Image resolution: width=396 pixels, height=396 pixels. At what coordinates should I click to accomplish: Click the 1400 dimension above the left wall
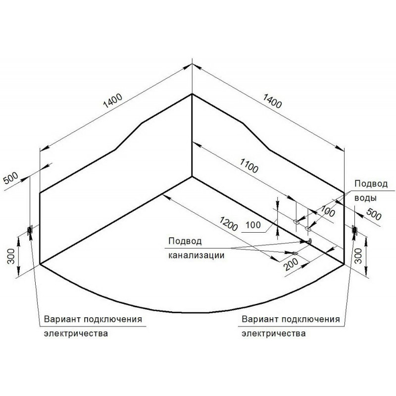click(112, 100)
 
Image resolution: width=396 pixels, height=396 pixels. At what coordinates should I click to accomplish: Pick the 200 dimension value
click(293, 265)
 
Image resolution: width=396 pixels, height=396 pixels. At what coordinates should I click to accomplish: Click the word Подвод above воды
click(371, 184)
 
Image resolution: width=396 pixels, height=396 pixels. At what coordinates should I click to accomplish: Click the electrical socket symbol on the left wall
click(30, 230)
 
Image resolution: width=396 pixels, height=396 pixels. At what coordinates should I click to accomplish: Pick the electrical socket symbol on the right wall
click(354, 229)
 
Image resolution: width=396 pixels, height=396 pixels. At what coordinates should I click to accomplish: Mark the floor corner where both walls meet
click(192, 177)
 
